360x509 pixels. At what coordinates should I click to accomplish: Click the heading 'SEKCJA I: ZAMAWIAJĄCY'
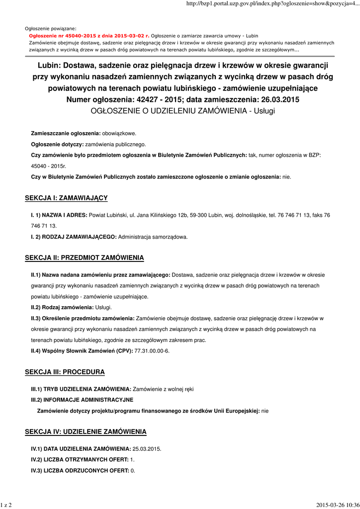[x=66, y=198]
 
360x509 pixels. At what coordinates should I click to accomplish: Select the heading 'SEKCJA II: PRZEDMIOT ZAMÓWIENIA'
[x=85, y=257]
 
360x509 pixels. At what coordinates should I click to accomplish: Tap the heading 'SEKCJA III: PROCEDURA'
[x=65, y=372]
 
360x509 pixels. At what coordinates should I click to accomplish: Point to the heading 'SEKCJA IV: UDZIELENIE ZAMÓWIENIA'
[x=86, y=431]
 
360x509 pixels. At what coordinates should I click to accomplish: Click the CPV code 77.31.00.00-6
[x=152, y=351]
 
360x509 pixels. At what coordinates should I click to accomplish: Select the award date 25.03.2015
[x=147, y=448]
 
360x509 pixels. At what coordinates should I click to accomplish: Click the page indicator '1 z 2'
[x=6, y=505]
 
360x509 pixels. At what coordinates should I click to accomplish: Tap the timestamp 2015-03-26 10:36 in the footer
[x=338, y=505]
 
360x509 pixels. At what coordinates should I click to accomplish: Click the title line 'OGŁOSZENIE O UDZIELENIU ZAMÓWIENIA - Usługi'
[x=183, y=110]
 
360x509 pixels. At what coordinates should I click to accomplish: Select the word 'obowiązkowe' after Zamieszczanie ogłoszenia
[x=119, y=134]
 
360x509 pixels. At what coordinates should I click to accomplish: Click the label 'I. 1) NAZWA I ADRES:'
[x=59, y=215]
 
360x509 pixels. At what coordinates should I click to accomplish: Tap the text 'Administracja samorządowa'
[x=153, y=237]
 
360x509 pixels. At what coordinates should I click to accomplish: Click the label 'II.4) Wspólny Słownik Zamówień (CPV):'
[x=82, y=351]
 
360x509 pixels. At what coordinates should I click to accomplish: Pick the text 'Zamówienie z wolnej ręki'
[x=163, y=389]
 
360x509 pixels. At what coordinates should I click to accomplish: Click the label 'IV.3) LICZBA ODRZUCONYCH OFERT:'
[x=80, y=470]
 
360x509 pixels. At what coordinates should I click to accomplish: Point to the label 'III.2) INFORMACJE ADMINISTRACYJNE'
[x=82, y=400]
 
